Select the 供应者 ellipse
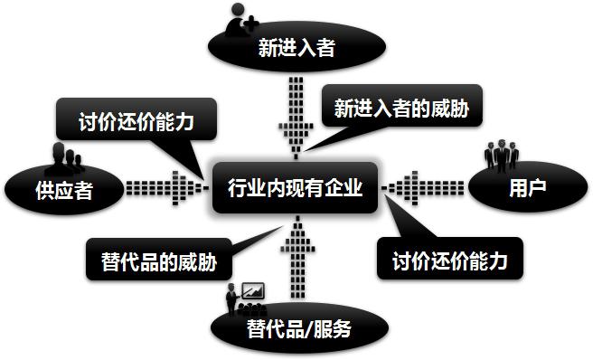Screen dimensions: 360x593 [63, 190]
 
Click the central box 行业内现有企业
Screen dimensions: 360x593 [295, 189]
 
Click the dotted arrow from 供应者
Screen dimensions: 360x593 [164, 189]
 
